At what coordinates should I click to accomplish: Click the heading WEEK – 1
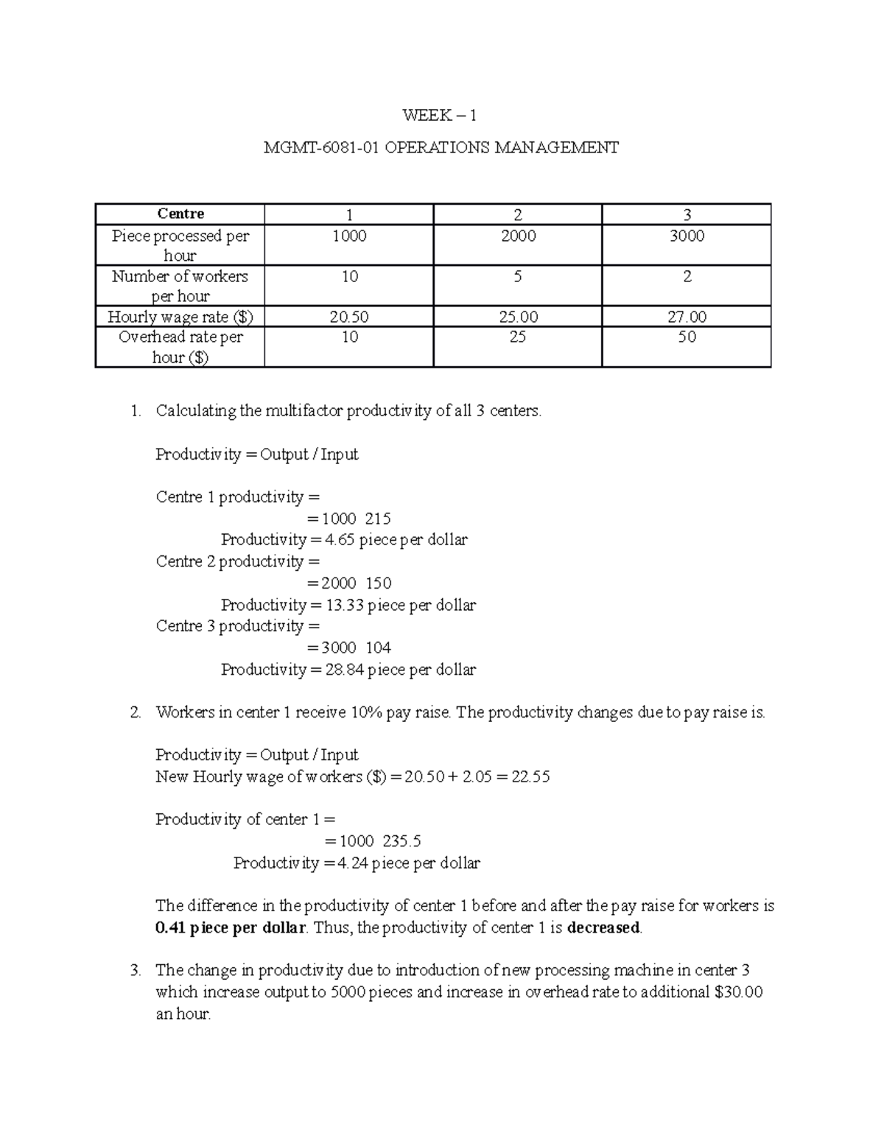(x=440, y=115)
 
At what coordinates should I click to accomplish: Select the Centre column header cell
(x=180, y=214)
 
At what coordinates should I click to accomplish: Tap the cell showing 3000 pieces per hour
(x=686, y=236)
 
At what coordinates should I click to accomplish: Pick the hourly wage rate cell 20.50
(x=349, y=317)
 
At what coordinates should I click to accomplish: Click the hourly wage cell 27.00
(x=686, y=317)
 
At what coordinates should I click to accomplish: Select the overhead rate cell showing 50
(x=686, y=337)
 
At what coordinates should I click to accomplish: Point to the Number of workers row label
(x=180, y=286)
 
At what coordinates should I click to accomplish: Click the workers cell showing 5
(x=518, y=277)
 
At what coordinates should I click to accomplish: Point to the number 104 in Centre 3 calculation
(x=378, y=648)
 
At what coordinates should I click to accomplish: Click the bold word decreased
(x=603, y=928)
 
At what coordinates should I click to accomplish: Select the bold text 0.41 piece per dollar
(x=230, y=928)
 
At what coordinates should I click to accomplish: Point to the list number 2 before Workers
(x=135, y=713)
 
